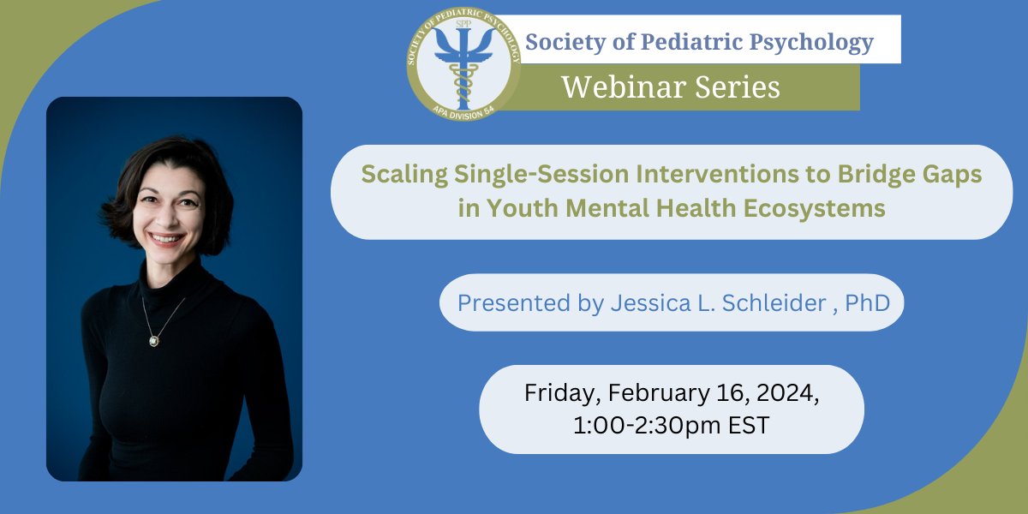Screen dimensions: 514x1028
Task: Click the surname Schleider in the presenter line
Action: pyautogui.click(x=768, y=302)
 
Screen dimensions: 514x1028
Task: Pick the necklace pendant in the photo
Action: pyautogui.click(x=153, y=341)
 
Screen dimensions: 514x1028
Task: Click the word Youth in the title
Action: pyautogui.click(x=517, y=209)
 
